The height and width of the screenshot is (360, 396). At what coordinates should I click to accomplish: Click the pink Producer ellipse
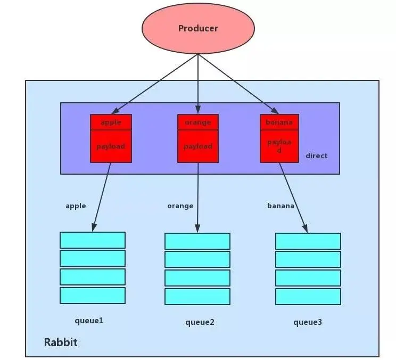point(198,28)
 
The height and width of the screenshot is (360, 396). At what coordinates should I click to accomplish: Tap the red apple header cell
point(111,122)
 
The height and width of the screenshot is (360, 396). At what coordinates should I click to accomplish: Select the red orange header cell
point(198,122)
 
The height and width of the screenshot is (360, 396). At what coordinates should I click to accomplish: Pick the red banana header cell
point(279,122)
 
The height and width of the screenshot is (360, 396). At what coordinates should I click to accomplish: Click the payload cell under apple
point(111,146)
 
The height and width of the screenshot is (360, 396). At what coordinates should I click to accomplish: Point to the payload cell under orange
point(198,146)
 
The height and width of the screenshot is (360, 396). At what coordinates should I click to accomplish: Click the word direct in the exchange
point(317,156)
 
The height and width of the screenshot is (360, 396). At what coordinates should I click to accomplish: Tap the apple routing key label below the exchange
point(76,206)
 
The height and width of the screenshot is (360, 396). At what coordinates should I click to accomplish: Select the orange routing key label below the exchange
point(180,206)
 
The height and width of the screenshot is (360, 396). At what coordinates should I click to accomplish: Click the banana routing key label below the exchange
point(280,206)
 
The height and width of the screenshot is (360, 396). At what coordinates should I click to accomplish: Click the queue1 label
point(89,321)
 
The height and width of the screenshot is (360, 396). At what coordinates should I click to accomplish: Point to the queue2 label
point(200,322)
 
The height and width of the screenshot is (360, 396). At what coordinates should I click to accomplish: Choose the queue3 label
point(308,322)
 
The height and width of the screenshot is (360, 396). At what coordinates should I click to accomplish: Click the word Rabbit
point(61,342)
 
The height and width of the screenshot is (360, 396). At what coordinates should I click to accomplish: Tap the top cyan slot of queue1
point(93,240)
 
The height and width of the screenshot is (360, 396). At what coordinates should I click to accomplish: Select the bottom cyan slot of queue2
point(197,296)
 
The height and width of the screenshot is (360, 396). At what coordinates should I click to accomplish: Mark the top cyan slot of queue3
point(308,241)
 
